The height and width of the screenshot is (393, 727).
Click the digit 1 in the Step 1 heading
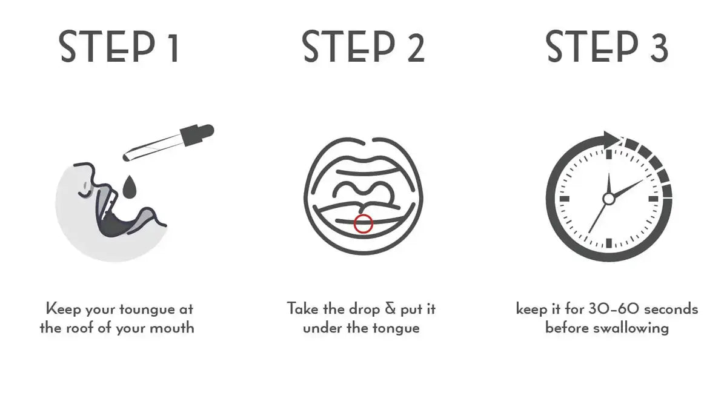click(174, 47)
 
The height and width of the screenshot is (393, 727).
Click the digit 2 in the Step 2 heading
click(416, 47)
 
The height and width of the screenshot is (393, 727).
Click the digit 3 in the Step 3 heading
click(659, 47)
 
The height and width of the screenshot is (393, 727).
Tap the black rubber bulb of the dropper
click(197, 134)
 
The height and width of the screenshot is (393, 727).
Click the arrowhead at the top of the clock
click(612, 140)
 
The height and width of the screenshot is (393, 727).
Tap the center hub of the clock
click(608, 199)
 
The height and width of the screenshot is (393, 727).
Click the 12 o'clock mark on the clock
click(609, 154)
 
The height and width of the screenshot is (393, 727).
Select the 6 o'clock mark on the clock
click(609, 243)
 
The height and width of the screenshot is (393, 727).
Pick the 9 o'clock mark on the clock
click(565, 199)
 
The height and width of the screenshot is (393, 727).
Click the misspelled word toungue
click(147, 309)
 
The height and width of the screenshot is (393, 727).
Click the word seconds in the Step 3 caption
click(671, 309)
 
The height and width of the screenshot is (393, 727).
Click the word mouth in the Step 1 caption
click(171, 328)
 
